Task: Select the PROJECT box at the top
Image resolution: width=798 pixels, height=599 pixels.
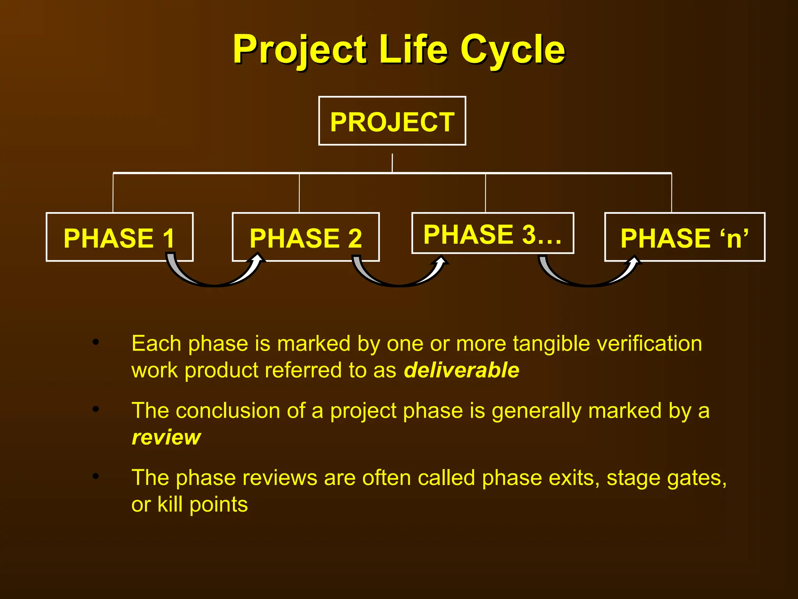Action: (392, 121)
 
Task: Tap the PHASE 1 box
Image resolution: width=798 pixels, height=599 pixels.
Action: (119, 237)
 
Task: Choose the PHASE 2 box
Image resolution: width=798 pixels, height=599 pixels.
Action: (305, 237)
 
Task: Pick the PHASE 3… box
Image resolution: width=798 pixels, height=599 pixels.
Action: (493, 234)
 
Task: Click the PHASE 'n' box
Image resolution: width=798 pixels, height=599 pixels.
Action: (684, 237)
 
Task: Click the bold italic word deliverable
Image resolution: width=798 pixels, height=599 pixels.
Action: (461, 370)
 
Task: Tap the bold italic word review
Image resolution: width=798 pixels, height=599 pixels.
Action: (166, 437)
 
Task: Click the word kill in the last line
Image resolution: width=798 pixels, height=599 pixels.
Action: (170, 504)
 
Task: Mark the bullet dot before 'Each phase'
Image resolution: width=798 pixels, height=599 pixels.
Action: (96, 342)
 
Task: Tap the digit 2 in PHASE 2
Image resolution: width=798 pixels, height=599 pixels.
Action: (355, 238)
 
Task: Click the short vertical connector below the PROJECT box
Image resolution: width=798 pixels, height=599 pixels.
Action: (392, 163)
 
